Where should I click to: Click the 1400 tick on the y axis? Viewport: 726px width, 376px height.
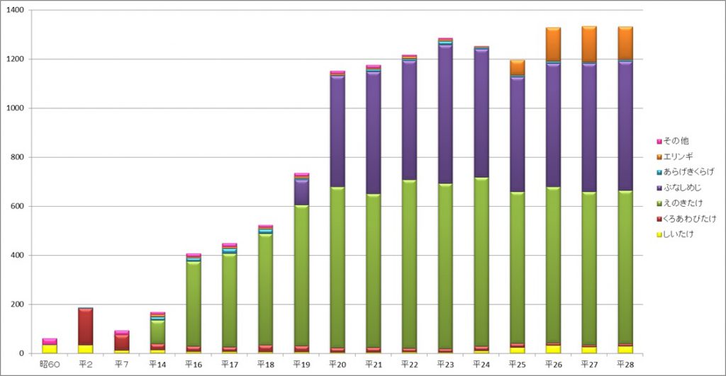(x=15, y=11)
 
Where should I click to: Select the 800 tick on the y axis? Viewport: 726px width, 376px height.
(x=17, y=157)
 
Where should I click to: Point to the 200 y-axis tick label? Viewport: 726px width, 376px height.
(x=17, y=304)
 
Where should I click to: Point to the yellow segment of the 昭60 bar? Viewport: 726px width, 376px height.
(x=50, y=348)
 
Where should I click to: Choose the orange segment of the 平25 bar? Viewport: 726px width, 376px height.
(x=517, y=67)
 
